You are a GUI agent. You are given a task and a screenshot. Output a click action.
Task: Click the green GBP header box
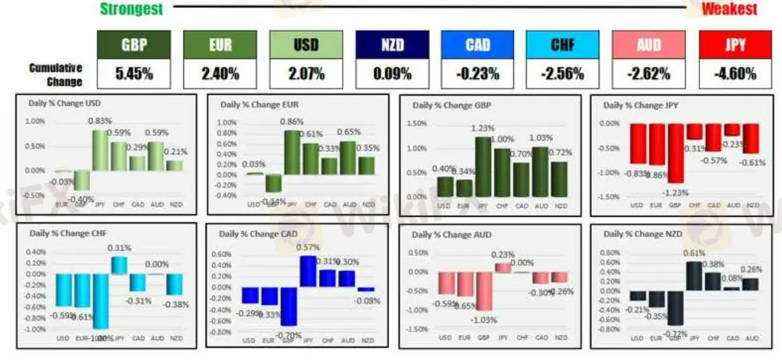[x=134, y=45]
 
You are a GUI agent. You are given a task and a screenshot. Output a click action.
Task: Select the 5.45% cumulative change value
[x=134, y=74]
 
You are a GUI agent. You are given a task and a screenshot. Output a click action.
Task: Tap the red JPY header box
[x=735, y=45]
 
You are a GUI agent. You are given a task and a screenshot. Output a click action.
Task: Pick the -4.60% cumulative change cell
[x=735, y=74]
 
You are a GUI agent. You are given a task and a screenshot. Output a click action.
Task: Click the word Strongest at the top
[x=131, y=9]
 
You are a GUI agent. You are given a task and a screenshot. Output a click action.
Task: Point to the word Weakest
[x=729, y=9]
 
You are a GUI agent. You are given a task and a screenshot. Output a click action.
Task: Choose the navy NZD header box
[x=392, y=45]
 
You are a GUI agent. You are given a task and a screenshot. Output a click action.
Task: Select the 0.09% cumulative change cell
[x=392, y=74]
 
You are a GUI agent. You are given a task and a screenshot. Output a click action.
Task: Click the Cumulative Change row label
[x=56, y=75]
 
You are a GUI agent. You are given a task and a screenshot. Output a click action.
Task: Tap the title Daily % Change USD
[x=66, y=103]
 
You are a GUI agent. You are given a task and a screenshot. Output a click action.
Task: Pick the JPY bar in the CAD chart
[x=308, y=271]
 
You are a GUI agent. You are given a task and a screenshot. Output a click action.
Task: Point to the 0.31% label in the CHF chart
[x=118, y=248]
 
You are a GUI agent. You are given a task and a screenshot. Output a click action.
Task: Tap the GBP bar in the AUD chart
[x=483, y=291]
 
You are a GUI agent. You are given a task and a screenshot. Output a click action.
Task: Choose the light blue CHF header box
[x=563, y=45]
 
